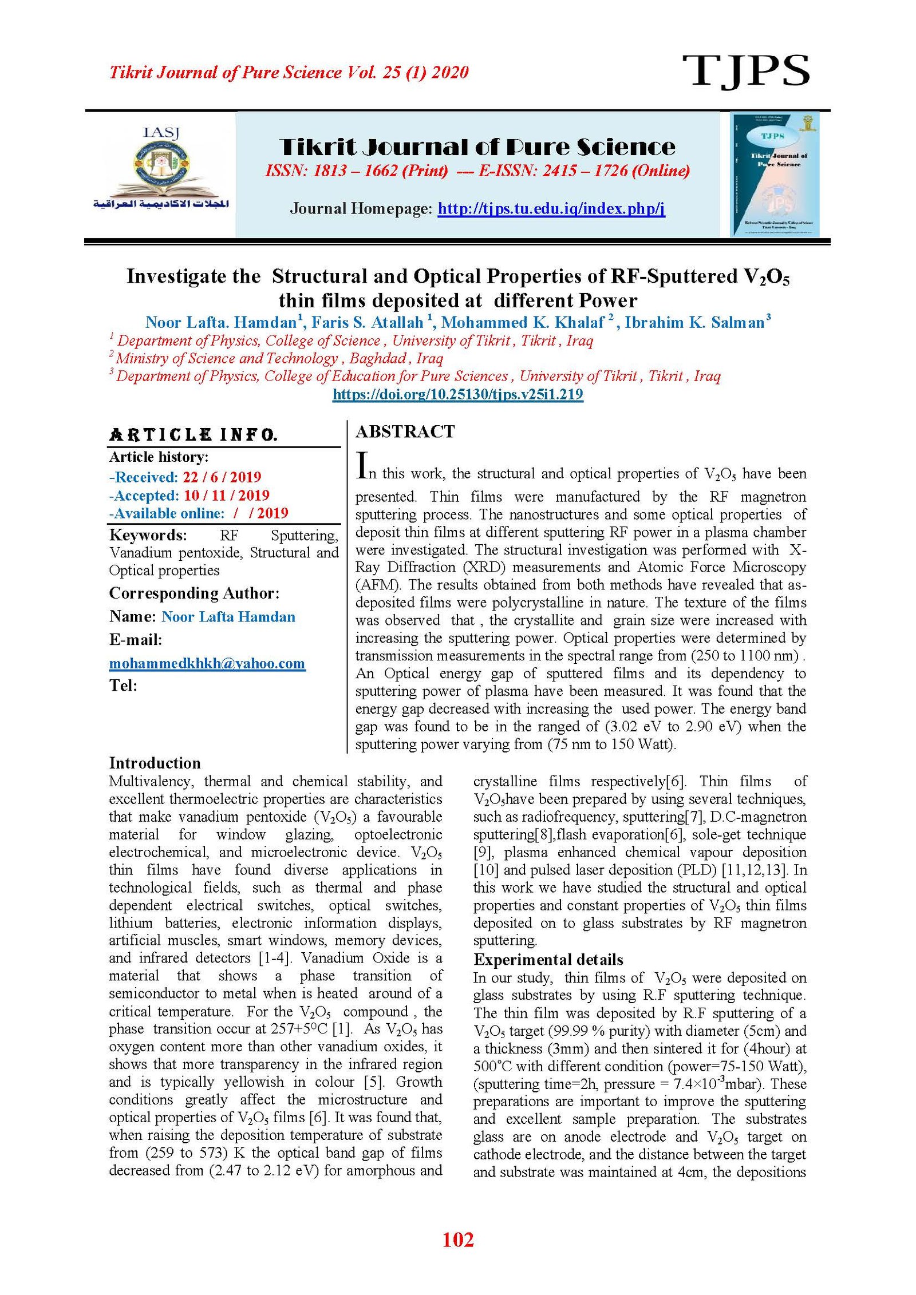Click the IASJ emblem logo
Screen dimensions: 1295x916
[161, 169]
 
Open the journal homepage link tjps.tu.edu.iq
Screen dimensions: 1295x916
[551, 208]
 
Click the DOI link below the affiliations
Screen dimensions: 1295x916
[457, 394]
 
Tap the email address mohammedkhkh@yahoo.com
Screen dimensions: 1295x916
[207, 663]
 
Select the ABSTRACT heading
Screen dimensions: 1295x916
[405, 431]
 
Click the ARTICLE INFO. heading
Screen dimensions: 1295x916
[194, 435]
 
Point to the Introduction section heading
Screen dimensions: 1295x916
[155, 763]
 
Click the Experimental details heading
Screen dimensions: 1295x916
[548, 960]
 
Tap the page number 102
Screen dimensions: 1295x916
[458, 1239]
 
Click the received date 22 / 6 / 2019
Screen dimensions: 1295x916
[222, 477]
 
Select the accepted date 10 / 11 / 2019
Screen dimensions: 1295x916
[226, 496]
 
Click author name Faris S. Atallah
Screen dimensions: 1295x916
[367, 323]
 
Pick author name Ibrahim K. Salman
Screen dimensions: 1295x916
[694, 323]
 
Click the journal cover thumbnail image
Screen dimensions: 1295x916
[775, 174]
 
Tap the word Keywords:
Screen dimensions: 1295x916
[148, 535]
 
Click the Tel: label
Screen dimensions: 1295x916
[123, 686]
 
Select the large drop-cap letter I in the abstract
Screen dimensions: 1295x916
[362, 465]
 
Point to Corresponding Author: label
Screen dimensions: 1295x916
[194, 593]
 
